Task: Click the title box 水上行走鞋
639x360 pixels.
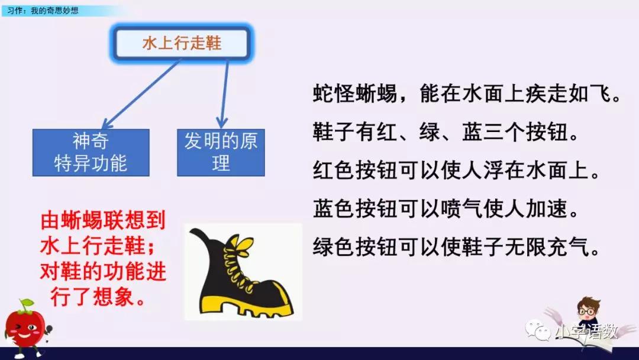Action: pos(182,43)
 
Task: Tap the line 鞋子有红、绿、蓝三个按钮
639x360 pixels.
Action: pos(445,132)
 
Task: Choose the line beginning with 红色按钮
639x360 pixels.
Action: pos(456,171)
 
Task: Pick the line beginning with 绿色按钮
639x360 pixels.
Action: pos(456,247)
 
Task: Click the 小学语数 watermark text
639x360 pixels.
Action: pos(586,332)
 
